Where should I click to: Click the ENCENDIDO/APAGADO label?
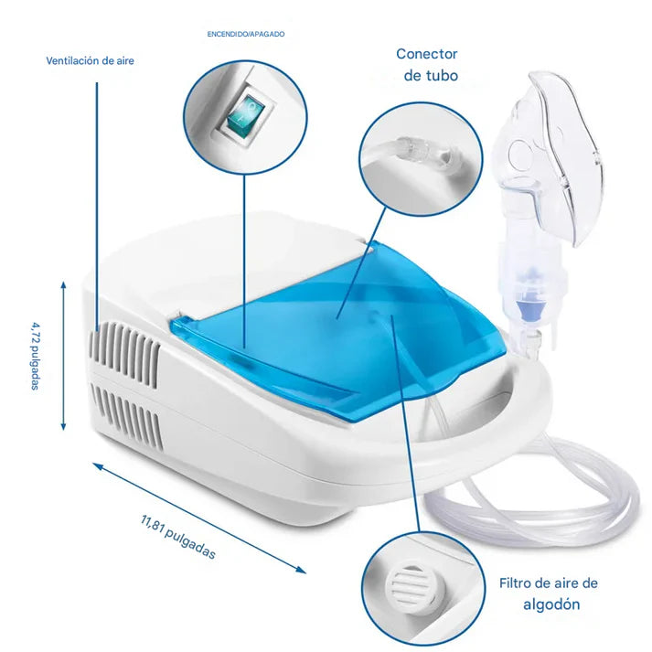(x=246, y=34)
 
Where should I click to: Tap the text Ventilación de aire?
(x=90, y=60)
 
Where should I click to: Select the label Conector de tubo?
(x=428, y=64)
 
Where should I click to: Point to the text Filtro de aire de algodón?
(x=549, y=593)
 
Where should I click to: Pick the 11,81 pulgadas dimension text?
(x=178, y=537)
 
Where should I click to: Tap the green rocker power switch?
(x=245, y=115)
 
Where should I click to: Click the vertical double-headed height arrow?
(x=63, y=356)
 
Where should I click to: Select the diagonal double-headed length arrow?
(x=199, y=518)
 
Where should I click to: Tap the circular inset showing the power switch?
(x=245, y=117)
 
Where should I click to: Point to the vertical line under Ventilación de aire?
(x=97, y=207)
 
